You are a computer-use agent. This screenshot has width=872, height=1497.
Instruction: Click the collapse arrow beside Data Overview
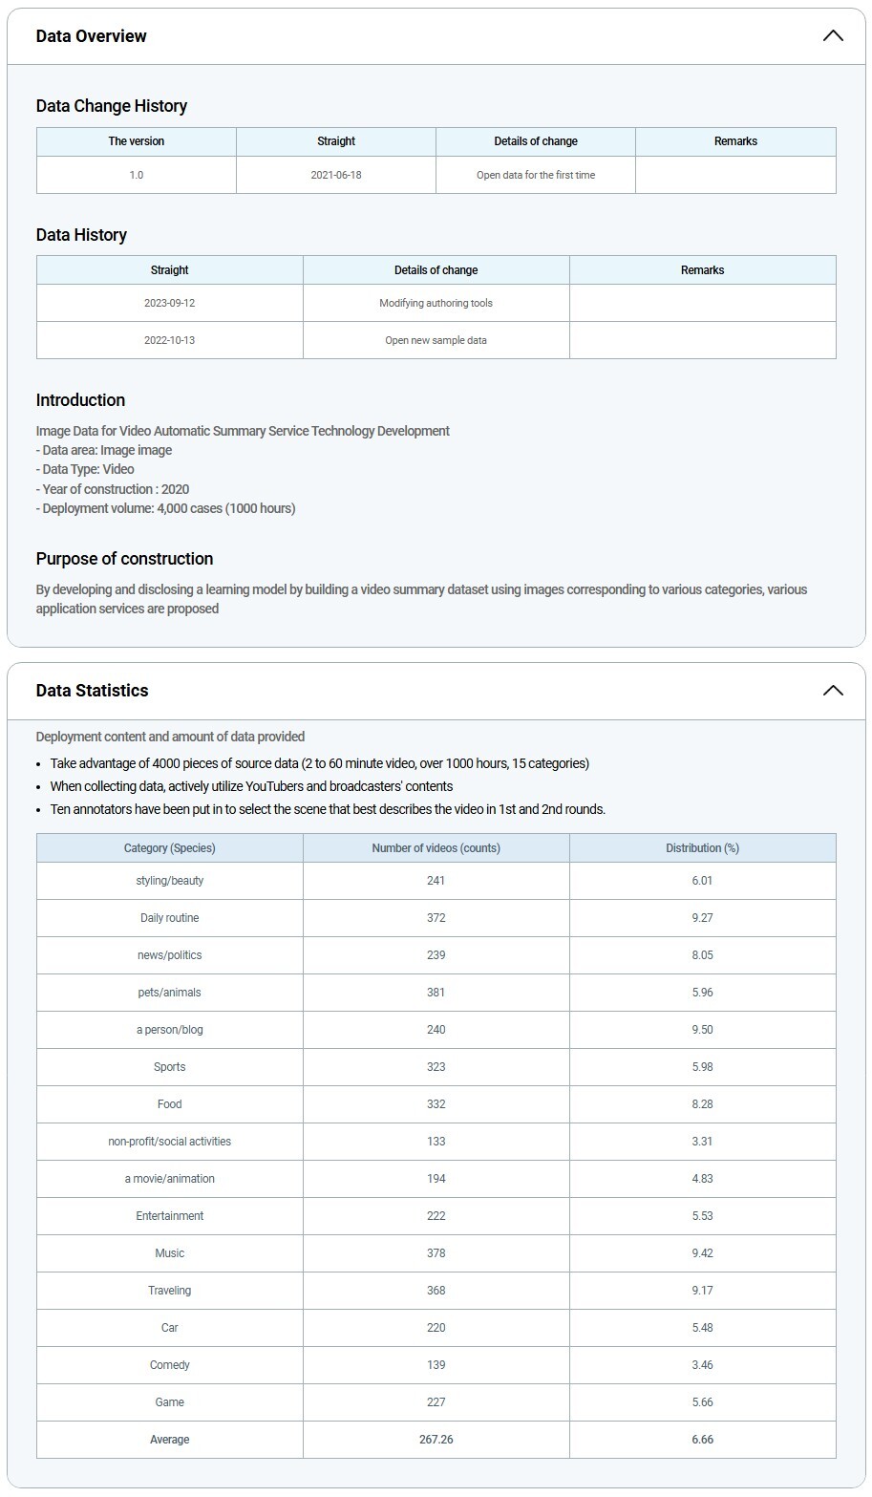click(x=833, y=36)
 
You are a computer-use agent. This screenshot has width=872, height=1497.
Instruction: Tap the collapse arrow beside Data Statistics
click(x=833, y=691)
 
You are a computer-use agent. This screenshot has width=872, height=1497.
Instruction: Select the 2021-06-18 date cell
click(x=336, y=176)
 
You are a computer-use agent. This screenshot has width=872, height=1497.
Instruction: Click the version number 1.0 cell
click(x=137, y=176)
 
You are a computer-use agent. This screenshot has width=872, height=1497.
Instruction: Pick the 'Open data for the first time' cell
click(x=536, y=176)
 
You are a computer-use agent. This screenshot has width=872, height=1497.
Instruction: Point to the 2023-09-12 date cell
click(x=170, y=303)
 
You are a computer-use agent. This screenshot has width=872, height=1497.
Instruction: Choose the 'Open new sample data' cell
click(x=436, y=340)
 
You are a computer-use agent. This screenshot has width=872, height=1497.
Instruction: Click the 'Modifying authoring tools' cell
click(x=436, y=303)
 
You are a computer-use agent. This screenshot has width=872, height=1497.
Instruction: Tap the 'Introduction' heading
click(x=81, y=400)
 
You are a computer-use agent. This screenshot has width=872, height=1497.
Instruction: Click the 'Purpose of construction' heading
click(x=125, y=559)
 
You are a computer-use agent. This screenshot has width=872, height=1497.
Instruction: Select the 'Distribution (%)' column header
click(x=702, y=848)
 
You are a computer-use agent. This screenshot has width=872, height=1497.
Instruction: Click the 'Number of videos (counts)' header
click(x=436, y=848)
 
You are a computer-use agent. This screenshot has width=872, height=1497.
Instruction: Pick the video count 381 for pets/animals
click(x=436, y=993)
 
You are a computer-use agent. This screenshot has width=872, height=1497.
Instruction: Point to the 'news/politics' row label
click(x=170, y=955)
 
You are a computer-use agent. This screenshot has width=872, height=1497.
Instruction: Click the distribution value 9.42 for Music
click(x=702, y=1253)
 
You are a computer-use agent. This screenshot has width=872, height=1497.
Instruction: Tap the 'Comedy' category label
click(x=170, y=1365)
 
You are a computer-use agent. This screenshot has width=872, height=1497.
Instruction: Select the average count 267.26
click(x=436, y=1440)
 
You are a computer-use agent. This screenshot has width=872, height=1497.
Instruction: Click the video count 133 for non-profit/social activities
click(x=436, y=1142)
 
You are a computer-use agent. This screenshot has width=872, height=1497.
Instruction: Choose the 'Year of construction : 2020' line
click(x=113, y=489)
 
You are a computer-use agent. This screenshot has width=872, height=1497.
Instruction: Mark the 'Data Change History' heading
click(x=112, y=106)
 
